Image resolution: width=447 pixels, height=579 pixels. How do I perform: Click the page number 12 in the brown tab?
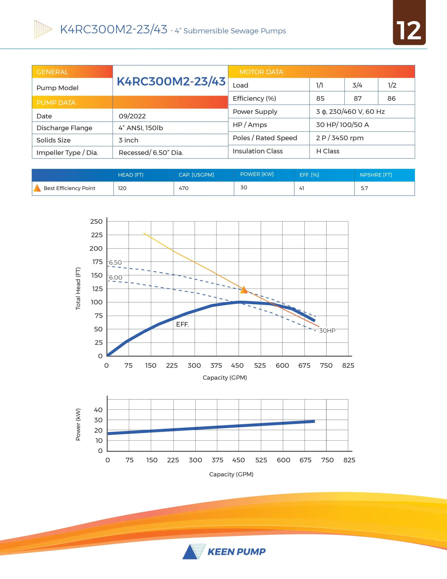tap(409, 31)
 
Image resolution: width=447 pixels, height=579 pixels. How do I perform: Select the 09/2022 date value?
tap(132, 116)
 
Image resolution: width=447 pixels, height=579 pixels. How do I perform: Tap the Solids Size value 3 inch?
tap(128, 140)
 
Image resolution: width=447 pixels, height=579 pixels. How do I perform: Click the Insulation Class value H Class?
tap(327, 151)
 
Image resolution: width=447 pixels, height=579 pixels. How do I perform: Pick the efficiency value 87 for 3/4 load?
tap(358, 99)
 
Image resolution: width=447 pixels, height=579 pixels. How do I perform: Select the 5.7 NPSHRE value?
tap(364, 188)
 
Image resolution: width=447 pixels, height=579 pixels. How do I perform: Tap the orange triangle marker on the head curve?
tap(244, 290)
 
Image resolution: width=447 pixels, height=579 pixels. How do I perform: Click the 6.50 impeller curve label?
tap(115, 262)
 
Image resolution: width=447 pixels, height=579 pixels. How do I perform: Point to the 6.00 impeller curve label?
tap(115, 277)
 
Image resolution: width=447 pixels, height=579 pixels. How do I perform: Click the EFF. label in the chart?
tap(182, 325)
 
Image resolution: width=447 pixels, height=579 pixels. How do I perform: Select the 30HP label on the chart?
tap(327, 331)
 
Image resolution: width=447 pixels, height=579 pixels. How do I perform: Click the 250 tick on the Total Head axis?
tap(96, 221)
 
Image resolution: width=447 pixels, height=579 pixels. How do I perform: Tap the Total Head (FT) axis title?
tap(78, 288)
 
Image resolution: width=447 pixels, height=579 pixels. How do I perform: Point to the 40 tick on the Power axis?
tap(98, 410)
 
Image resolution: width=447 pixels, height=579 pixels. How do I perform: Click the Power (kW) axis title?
tap(78, 425)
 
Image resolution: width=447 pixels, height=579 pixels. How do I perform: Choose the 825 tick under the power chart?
tap(349, 460)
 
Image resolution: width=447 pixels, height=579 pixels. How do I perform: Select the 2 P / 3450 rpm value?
tap(339, 138)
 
